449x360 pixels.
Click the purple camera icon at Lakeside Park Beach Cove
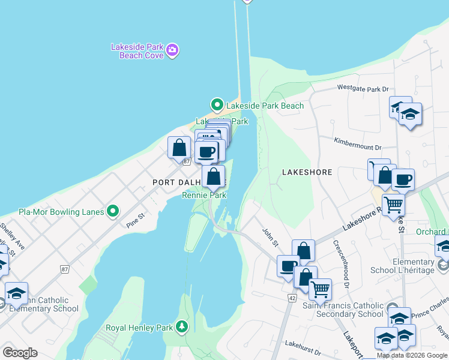click(172, 50)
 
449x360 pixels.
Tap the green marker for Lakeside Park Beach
click(217, 106)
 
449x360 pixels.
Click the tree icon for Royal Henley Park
click(181, 327)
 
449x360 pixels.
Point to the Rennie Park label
click(204, 195)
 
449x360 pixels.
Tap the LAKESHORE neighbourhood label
click(307, 172)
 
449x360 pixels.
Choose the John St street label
click(270, 235)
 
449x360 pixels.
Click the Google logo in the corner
click(20, 352)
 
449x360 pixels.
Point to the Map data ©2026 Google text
click(412, 355)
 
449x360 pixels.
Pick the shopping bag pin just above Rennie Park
click(213, 177)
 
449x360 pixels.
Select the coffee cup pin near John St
click(288, 266)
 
